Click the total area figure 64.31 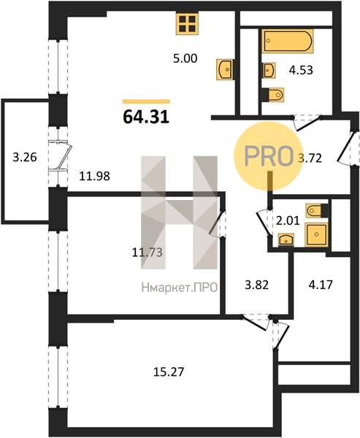[146, 117]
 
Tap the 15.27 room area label [169, 372]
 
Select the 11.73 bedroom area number [147, 253]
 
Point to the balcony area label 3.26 [25, 157]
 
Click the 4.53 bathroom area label [301, 70]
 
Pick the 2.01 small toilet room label [288, 221]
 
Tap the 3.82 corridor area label [256, 285]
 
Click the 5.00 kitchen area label [185, 58]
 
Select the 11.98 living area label [94, 176]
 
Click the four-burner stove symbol [187, 24]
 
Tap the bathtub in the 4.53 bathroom [288, 41]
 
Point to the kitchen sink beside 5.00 [226, 69]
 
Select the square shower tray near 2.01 [316, 234]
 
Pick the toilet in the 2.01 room [317, 211]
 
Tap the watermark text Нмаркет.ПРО [180, 288]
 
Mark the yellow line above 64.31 [146, 101]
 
